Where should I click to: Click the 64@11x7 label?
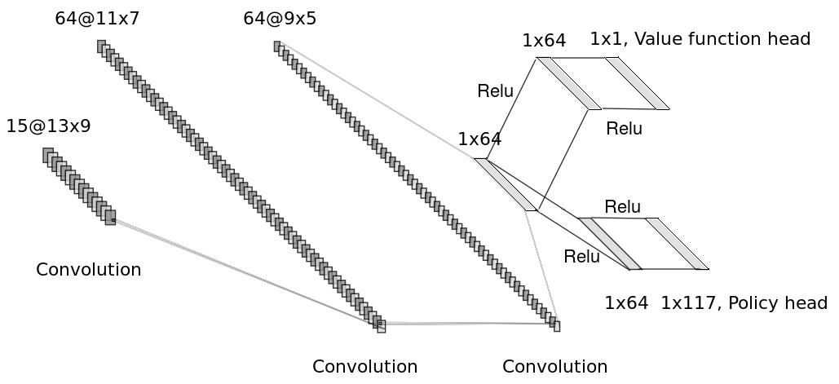coord(97,18)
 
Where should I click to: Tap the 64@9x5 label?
coord(280,18)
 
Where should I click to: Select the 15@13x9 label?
coord(48,126)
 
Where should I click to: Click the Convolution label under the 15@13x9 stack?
coord(88,270)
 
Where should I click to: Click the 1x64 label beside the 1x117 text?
coord(626,303)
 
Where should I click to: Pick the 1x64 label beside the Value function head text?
coord(544,41)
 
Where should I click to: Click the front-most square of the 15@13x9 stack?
coord(110,217)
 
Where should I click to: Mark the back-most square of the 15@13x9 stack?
coord(48,155)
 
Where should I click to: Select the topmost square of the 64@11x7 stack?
coord(101,46)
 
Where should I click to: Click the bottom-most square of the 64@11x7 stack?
coord(381,326)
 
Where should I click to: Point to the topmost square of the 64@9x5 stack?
coord(277,46)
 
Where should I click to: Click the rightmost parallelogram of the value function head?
coord(637,83)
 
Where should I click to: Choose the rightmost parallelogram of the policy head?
coord(677,243)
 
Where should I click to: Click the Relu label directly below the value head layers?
coord(624,129)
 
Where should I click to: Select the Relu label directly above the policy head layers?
coord(622,207)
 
